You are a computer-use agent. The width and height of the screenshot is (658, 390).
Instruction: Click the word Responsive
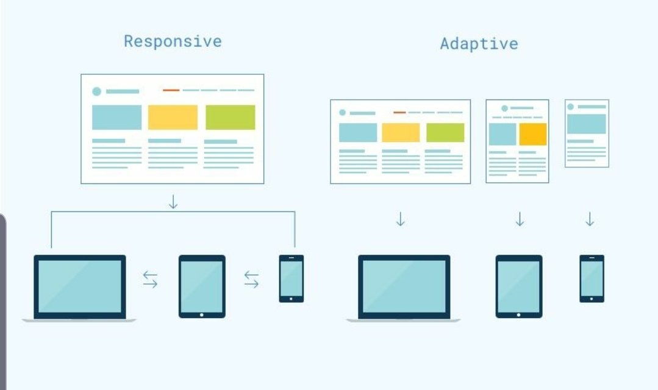[x=173, y=41]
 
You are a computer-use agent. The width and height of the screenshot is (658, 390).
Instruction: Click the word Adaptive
[x=479, y=44]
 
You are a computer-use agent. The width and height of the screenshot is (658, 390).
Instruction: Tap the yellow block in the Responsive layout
[x=173, y=117]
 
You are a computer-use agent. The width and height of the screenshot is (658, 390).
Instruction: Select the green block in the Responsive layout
[x=230, y=117]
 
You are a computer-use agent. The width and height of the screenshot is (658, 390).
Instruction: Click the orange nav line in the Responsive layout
[x=171, y=90]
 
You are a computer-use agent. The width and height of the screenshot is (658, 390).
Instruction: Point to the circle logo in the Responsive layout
[x=96, y=91]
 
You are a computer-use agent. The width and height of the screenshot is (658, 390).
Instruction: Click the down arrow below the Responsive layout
[x=173, y=202]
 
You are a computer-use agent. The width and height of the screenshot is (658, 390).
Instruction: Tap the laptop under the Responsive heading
[x=79, y=287]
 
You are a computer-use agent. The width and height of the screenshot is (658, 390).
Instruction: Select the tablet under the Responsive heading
[x=202, y=286]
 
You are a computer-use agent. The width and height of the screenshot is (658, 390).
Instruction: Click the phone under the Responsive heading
[x=291, y=278]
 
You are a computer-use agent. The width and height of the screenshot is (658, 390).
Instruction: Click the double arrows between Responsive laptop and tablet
[x=150, y=280]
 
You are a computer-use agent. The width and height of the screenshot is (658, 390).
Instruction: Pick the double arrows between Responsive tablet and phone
[x=251, y=280]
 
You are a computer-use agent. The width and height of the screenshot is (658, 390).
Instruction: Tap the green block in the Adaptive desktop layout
[x=445, y=132]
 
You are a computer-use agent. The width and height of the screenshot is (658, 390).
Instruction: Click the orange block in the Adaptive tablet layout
[x=533, y=134]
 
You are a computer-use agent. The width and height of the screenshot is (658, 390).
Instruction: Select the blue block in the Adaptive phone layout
[x=587, y=124]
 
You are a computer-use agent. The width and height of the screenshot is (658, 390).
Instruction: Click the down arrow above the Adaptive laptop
[x=400, y=219]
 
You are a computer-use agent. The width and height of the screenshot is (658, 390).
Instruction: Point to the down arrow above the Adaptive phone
[x=590, y=219]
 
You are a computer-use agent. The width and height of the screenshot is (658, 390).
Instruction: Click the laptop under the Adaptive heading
[x=404, y=287]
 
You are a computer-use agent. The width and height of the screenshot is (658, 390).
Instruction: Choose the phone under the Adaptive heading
[x=592, y=278]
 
